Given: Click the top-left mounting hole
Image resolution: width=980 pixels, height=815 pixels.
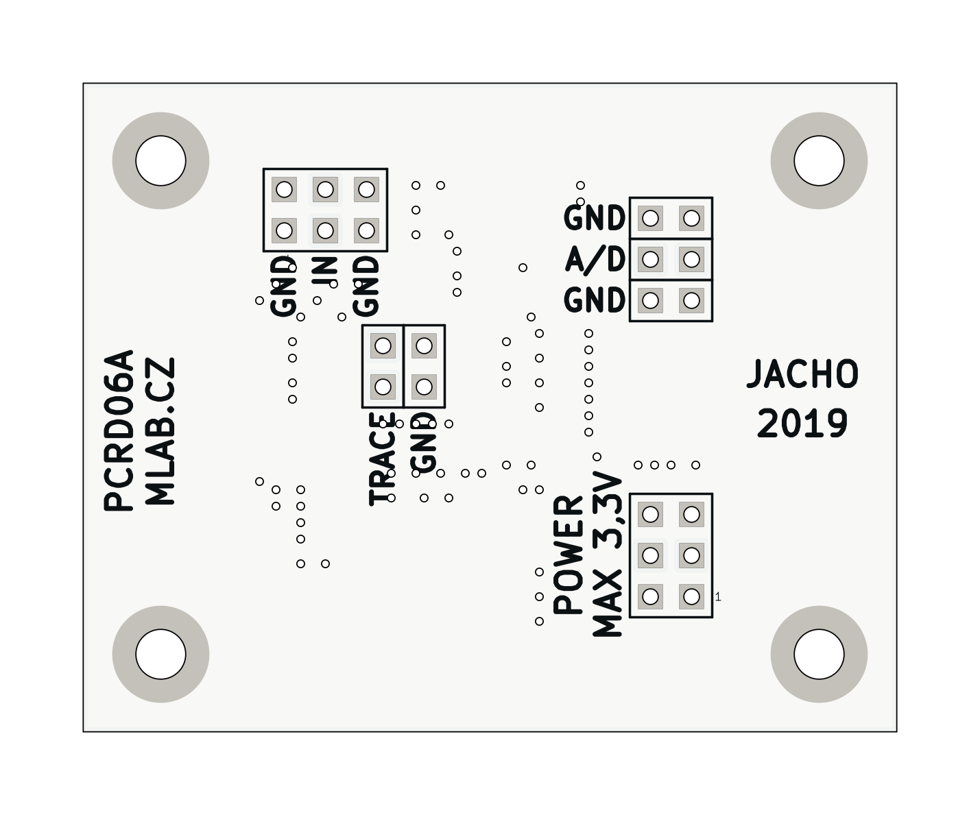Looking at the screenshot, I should (160, 160).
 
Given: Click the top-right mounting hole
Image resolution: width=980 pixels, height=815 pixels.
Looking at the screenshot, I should (819, 160).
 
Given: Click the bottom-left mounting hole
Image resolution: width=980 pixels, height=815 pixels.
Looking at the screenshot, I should (160, 654).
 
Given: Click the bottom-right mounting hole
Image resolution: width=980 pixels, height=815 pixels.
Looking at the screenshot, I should (819, 654).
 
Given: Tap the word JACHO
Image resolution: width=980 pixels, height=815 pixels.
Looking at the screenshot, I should (802, 374).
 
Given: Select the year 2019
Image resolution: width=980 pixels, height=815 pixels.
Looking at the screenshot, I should (802, 424).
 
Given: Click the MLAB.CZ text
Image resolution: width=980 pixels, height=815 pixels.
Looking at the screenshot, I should (162, 431).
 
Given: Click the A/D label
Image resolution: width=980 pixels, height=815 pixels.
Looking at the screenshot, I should (595, 260).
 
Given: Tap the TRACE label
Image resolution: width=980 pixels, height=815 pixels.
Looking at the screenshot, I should (383, 459).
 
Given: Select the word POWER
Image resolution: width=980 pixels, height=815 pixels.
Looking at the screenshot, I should (569, 555).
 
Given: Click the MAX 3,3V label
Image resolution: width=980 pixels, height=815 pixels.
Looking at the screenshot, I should (608, 555).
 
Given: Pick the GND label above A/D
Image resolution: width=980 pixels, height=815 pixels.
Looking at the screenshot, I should (595, 219).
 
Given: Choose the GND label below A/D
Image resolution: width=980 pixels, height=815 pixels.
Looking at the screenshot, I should (595, 300).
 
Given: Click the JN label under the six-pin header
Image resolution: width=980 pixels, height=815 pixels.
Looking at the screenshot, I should (325, 273).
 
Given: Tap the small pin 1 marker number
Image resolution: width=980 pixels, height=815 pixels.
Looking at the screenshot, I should (718, 597).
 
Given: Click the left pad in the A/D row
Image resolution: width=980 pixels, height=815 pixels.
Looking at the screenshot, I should (650, 260).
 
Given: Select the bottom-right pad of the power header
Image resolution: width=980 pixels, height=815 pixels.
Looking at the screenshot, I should (691, 596).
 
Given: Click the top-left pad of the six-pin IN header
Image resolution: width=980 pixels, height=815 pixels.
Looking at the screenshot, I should (284, 189).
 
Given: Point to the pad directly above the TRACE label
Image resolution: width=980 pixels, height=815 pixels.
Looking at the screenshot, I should (383, 387).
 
